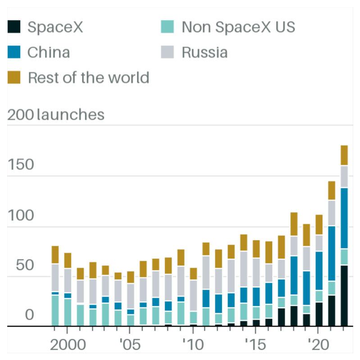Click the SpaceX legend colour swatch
point(14,27)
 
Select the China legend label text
point(49,52)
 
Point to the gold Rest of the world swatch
point(14,77)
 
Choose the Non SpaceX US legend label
point(238,27)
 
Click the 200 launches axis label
point(56,114)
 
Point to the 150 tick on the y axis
point(21,165)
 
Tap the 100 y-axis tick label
point(21,215)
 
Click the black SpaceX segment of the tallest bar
point(344,296)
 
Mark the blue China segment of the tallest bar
point(344,218)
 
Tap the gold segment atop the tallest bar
point(344,155)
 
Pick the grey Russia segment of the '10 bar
point(193,296)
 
